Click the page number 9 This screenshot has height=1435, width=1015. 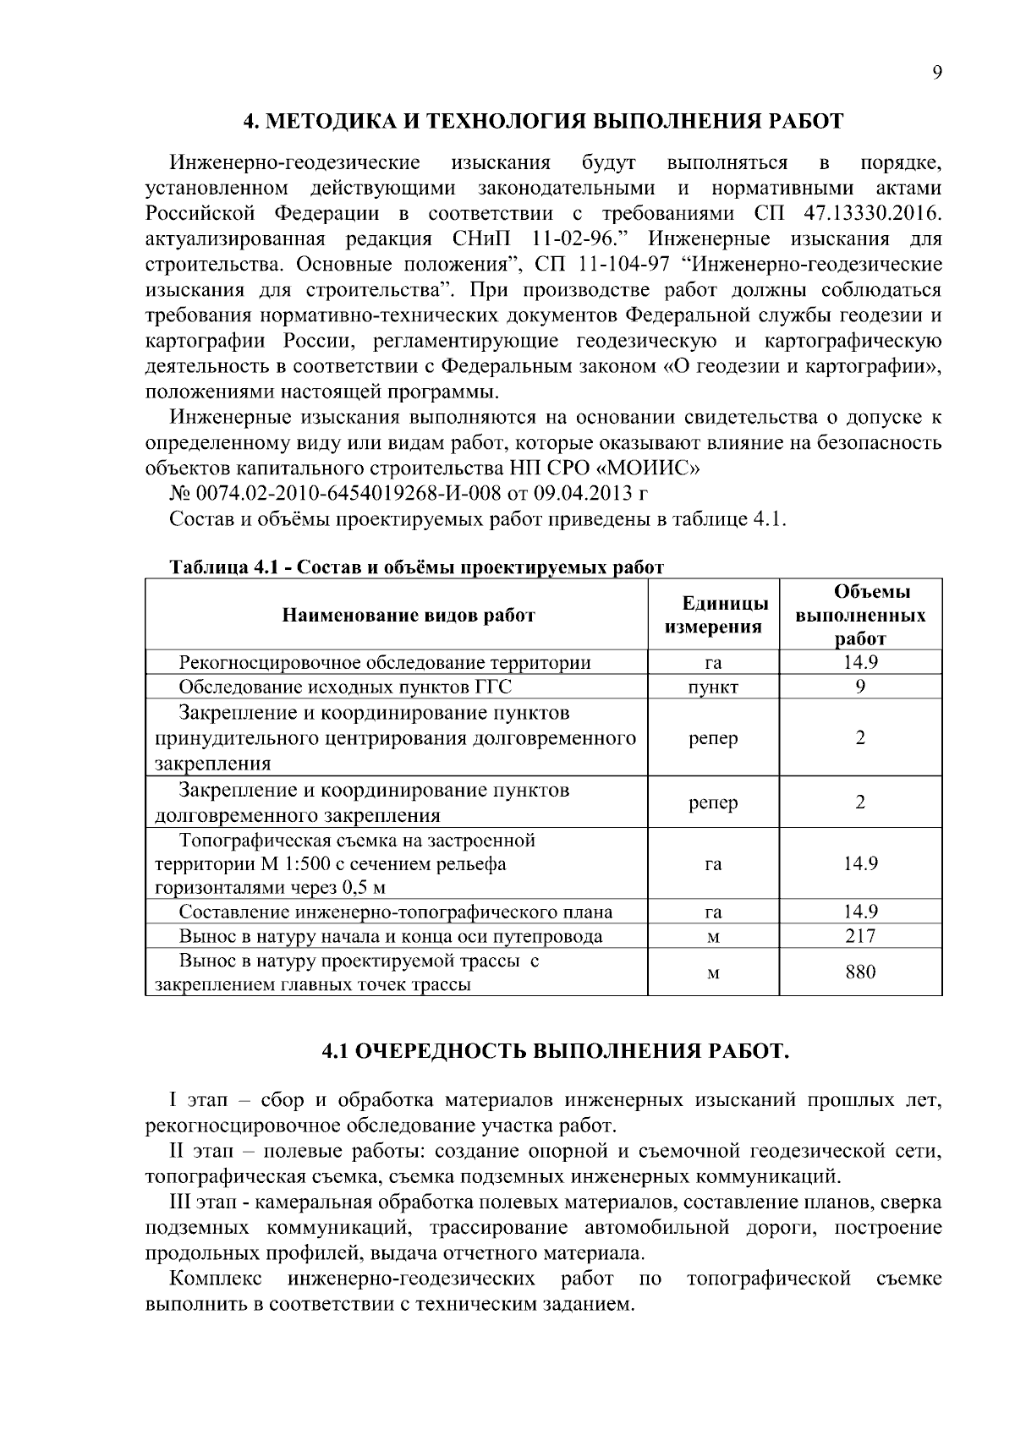(x=936, y=73)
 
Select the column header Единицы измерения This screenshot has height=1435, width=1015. (x=713, y=615)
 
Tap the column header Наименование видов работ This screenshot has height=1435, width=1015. (x=409, y=615)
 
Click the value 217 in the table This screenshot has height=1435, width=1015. (x=860, y=936)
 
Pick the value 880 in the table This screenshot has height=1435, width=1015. (x=860, y=972)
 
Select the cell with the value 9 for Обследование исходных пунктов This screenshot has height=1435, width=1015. (x=860, y=687)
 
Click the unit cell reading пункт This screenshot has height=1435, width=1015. (x=713, y=687)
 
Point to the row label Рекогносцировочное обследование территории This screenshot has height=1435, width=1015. (x=385, y=662)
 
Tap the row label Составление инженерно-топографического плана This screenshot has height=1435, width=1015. (x=396, y=912)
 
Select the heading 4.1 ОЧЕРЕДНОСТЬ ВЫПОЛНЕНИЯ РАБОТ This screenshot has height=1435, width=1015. (x=556, y=1051)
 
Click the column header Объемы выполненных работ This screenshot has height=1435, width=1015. (x=860, y=615)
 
